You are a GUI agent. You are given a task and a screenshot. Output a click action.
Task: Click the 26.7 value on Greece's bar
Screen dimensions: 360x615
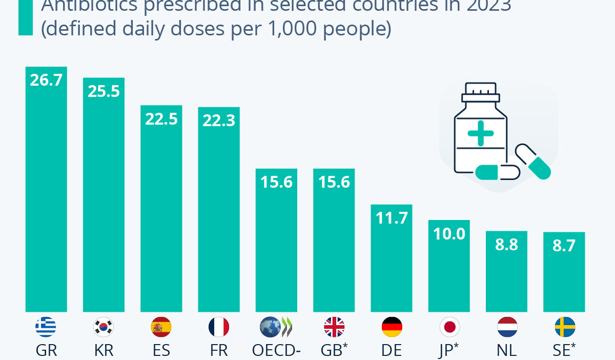coord(46,81)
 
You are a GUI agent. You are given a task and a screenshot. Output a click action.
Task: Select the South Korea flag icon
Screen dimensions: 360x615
coord(104,327)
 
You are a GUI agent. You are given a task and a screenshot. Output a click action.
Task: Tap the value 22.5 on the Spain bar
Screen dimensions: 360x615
coord(161,119)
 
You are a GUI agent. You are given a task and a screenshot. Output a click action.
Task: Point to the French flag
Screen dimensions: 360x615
coord(219,327)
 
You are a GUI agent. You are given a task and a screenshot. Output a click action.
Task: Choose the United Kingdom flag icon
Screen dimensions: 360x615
coord(334,327)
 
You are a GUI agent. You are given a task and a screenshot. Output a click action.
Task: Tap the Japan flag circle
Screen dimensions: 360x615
coord(449,327)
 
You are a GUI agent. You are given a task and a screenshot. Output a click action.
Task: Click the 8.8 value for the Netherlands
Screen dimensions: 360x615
coord(507,245)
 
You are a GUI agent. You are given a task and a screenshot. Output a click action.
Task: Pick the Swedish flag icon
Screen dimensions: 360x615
coord(565,327)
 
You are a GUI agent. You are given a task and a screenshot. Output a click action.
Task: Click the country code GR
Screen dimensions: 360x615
coord(46,350)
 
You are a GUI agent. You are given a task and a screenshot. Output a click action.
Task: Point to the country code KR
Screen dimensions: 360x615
coord(104,350)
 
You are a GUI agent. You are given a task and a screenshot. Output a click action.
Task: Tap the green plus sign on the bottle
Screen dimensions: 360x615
coord(480,133)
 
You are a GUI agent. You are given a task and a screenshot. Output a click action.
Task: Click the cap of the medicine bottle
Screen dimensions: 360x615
coord(480,91)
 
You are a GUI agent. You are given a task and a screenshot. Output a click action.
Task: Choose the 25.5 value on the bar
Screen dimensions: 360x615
coord(104,91)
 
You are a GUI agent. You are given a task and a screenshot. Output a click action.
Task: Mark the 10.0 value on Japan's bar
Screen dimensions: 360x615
coord(449,234)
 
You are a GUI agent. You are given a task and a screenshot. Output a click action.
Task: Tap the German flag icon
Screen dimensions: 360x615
coord(392,327)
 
